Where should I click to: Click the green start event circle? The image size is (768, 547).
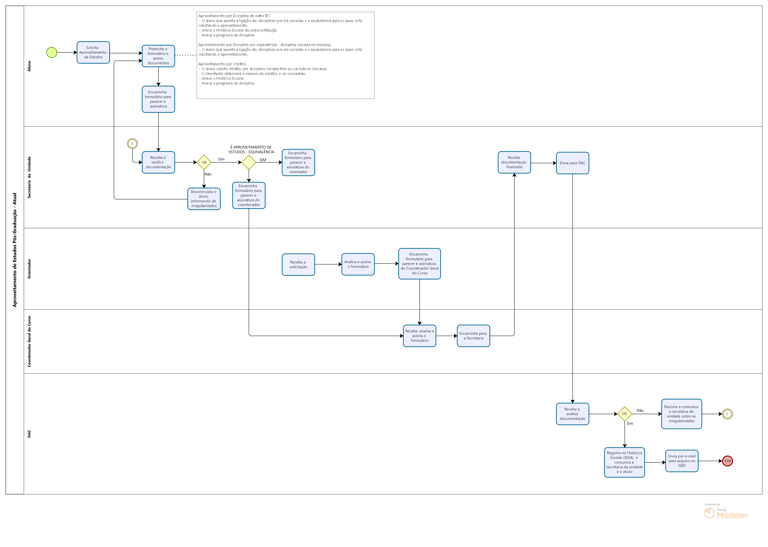coord(52,53)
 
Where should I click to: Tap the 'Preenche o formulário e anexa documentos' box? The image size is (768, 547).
coord(158,56)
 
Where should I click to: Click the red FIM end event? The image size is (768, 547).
coord(727,461)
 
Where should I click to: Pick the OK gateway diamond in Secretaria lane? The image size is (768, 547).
coord(204,162)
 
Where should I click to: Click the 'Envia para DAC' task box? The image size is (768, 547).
coord(572,163)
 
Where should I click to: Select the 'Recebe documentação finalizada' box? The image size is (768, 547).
coord(514,162)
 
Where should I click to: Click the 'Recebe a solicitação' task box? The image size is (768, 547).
coord(298,265)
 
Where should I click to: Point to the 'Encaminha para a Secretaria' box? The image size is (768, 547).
coord(474,336)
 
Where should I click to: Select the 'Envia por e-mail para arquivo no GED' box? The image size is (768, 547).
coord(682,461)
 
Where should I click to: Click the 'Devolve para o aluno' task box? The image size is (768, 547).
coord(204,199)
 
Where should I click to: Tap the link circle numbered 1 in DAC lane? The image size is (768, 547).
coord(727,414)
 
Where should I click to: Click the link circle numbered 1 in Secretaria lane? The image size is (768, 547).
coord(132,144)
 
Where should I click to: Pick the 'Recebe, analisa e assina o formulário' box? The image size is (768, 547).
coord(420,336)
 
